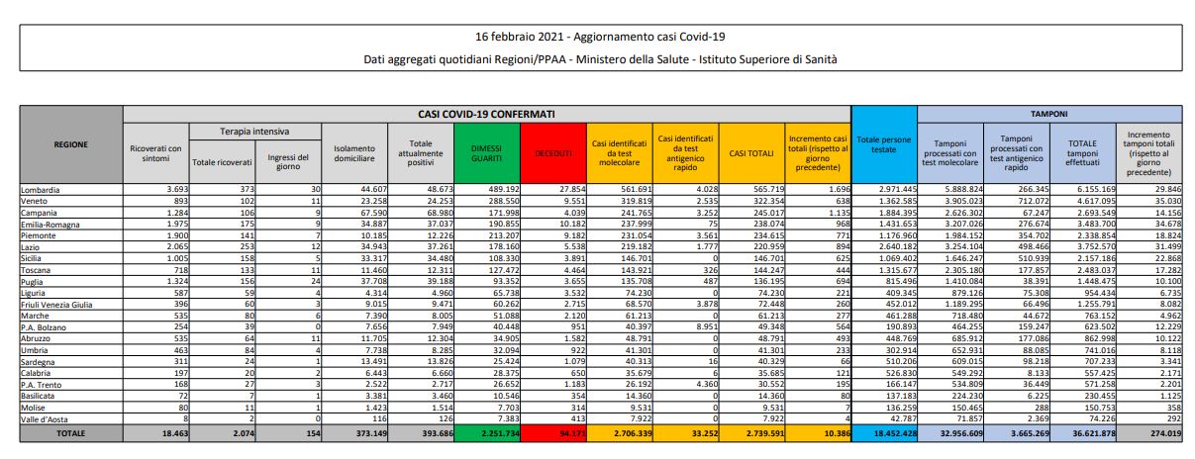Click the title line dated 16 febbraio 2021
click(597, 37)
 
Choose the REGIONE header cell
click(70, 143)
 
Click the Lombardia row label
click(43, 188)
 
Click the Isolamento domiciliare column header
click(353, 153)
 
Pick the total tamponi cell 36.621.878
click(1082, 433)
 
